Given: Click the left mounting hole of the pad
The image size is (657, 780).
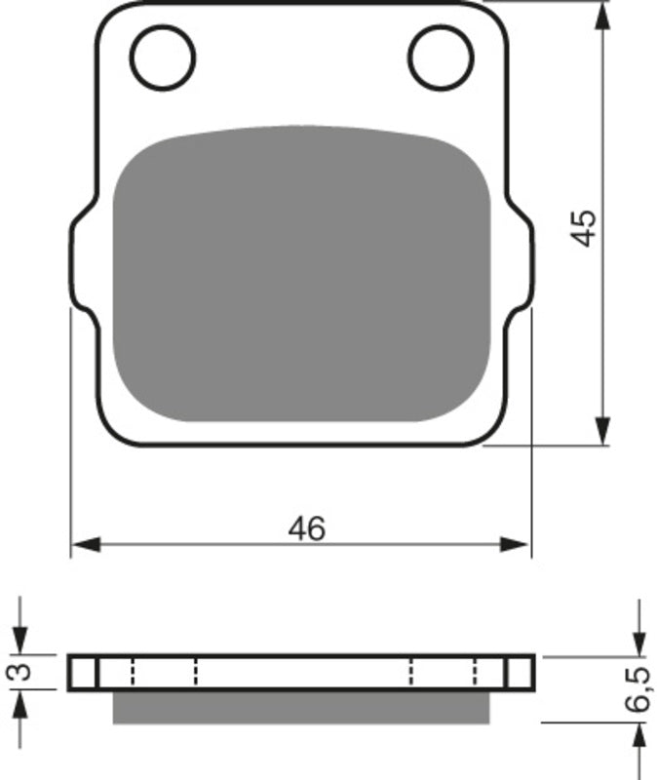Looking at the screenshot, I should tap(163, 56).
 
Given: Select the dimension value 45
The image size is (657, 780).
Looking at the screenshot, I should tap(584, 226).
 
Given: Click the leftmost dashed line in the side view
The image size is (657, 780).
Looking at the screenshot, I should tap(130, 672).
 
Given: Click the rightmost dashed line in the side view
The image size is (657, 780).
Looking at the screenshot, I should tap(475, 672).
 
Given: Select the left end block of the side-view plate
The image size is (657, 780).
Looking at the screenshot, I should tap(83, 672).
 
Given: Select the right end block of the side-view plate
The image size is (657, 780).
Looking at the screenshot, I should tap(520, 672).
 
